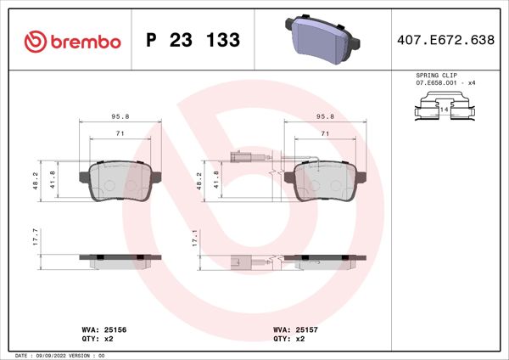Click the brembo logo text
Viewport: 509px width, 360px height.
(x=83, y=41)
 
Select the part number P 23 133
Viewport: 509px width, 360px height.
(x=193, y=41)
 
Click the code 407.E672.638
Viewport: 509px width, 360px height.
(x=445, y=41)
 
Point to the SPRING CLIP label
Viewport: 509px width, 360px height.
(x=437, y=76)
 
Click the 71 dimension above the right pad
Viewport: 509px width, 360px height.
(x=324, y=134)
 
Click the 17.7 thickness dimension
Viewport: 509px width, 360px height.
(x=36, y=237)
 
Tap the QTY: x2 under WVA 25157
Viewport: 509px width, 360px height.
(x=288, y=337)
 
